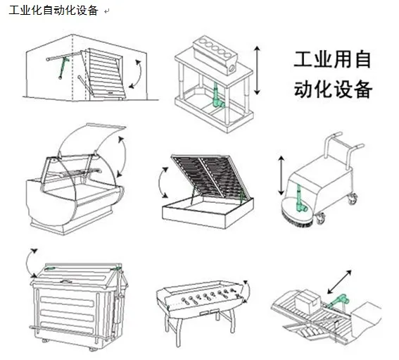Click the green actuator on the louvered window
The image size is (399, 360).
coord(63,68)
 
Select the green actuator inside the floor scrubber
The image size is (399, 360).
coord(300,199)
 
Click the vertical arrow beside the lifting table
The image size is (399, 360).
coord(258,70)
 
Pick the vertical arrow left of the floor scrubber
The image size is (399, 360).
coord(281,176)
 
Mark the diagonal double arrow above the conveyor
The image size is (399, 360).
coord(339,282)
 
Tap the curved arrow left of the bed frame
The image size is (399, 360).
coord(160,182)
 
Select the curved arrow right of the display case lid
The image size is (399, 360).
coord(125,156)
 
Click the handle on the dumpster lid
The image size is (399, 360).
coord(65,281)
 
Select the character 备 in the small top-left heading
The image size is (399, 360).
coord(92,11)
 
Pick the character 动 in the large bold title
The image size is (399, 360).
coord(303,89)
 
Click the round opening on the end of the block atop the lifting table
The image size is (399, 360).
coord(232,68)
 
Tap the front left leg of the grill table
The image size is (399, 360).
coord(179,332)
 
